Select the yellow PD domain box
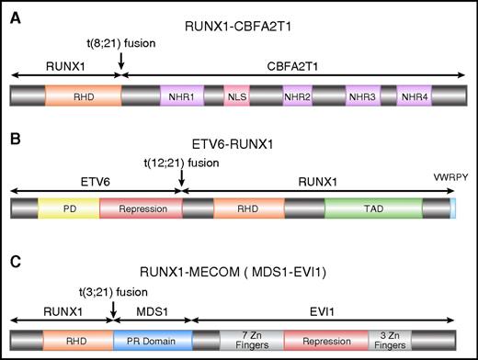point(68,208)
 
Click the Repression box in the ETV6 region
point(141,208)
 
